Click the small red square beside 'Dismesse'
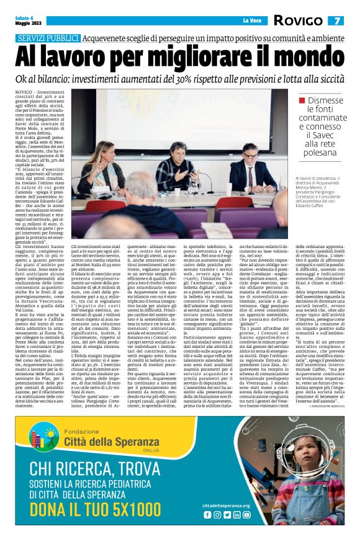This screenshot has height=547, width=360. click(301, 100)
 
